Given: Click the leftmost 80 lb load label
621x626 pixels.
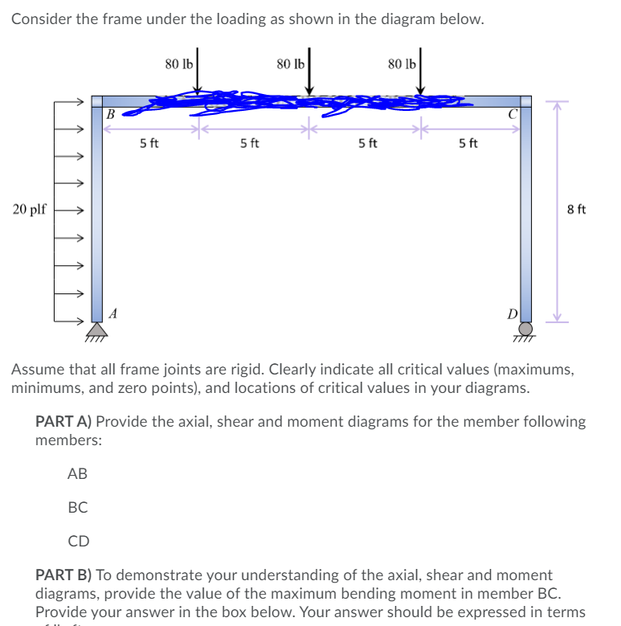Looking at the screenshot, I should tap(178, 63).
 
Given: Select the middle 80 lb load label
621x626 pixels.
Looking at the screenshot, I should tap(289, 63).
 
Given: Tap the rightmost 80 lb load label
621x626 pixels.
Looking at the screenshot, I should tap(401, 63).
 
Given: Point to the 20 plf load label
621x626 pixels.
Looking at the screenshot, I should tap(30, 210).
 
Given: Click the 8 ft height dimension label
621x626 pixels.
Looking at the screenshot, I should tap(576, 210).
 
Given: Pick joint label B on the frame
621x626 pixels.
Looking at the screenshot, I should tap(111, 114).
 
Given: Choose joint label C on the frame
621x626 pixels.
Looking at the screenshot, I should tap(511, 114).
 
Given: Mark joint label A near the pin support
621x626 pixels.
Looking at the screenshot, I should tap(113, 314).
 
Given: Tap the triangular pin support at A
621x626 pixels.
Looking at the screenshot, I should tap(97, 328).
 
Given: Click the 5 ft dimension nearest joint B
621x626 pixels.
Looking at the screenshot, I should tap(149, 144).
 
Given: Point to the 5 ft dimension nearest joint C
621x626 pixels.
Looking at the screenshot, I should tap(468, 144).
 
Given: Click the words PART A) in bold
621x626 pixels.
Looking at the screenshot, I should tap(63, 421).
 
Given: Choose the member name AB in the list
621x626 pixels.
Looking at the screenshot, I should tap(77, 474).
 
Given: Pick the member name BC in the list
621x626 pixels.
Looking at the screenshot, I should tap(78, 507).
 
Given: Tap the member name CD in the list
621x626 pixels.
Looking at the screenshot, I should tap(78, 541).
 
